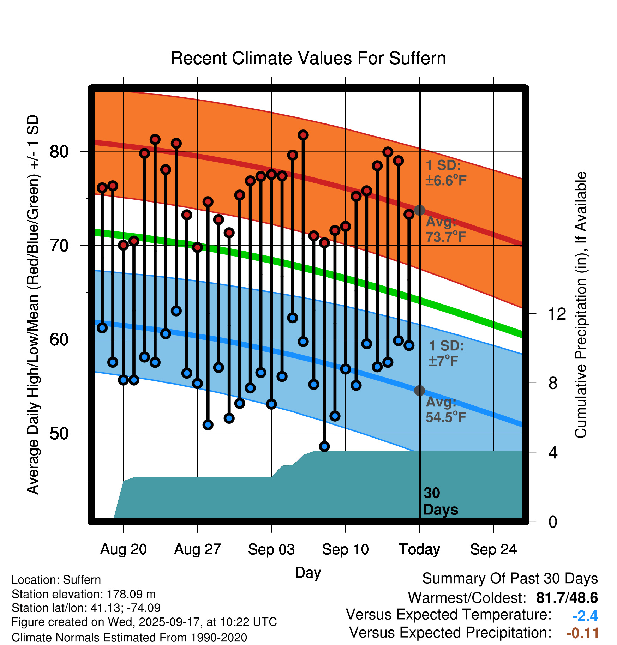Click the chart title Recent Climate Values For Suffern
(308, 58)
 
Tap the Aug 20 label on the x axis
(123, 549)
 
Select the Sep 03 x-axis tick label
(271, 549)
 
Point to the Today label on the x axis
(419, 549)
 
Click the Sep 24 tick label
(493, 549)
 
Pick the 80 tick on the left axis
(59, 152)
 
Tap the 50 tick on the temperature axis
(59, 433)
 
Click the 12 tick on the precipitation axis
(557, 314)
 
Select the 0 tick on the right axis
(553, 522)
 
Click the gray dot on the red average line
(419, 210)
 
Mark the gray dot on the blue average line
(419, 391)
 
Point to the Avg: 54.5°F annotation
(446, 410)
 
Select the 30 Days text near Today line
(440, 501)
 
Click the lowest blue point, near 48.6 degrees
(324, 446)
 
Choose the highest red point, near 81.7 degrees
(303, 135)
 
